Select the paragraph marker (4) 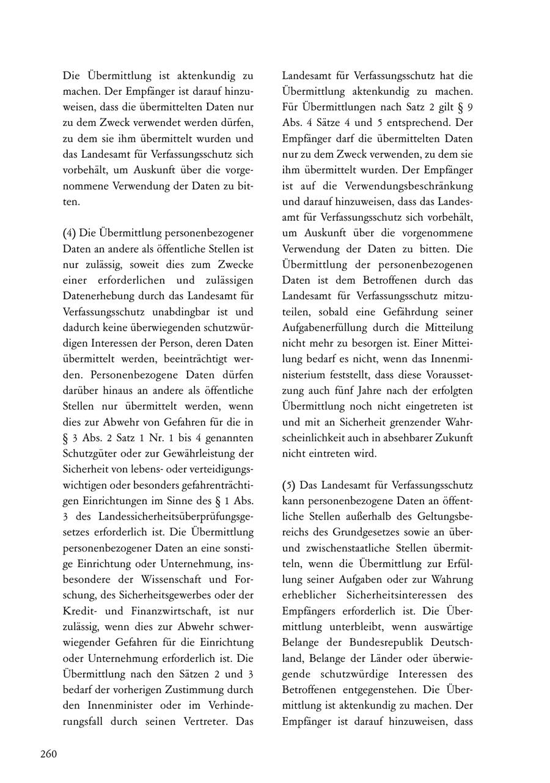70,233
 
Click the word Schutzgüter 89,453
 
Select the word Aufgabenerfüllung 323,312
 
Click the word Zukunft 453,438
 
